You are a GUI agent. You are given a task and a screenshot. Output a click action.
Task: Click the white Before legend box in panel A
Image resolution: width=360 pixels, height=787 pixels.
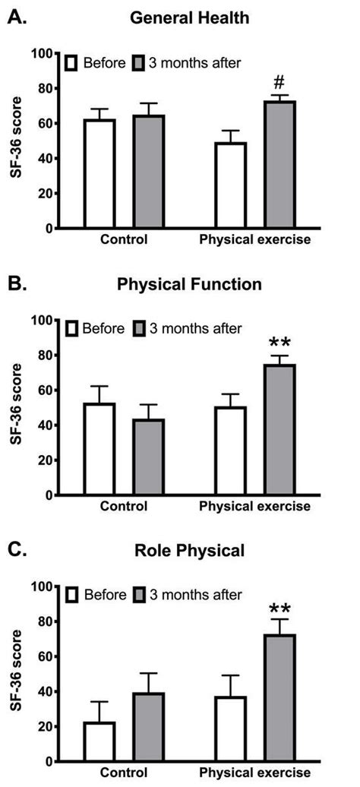(x=72, y=62)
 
